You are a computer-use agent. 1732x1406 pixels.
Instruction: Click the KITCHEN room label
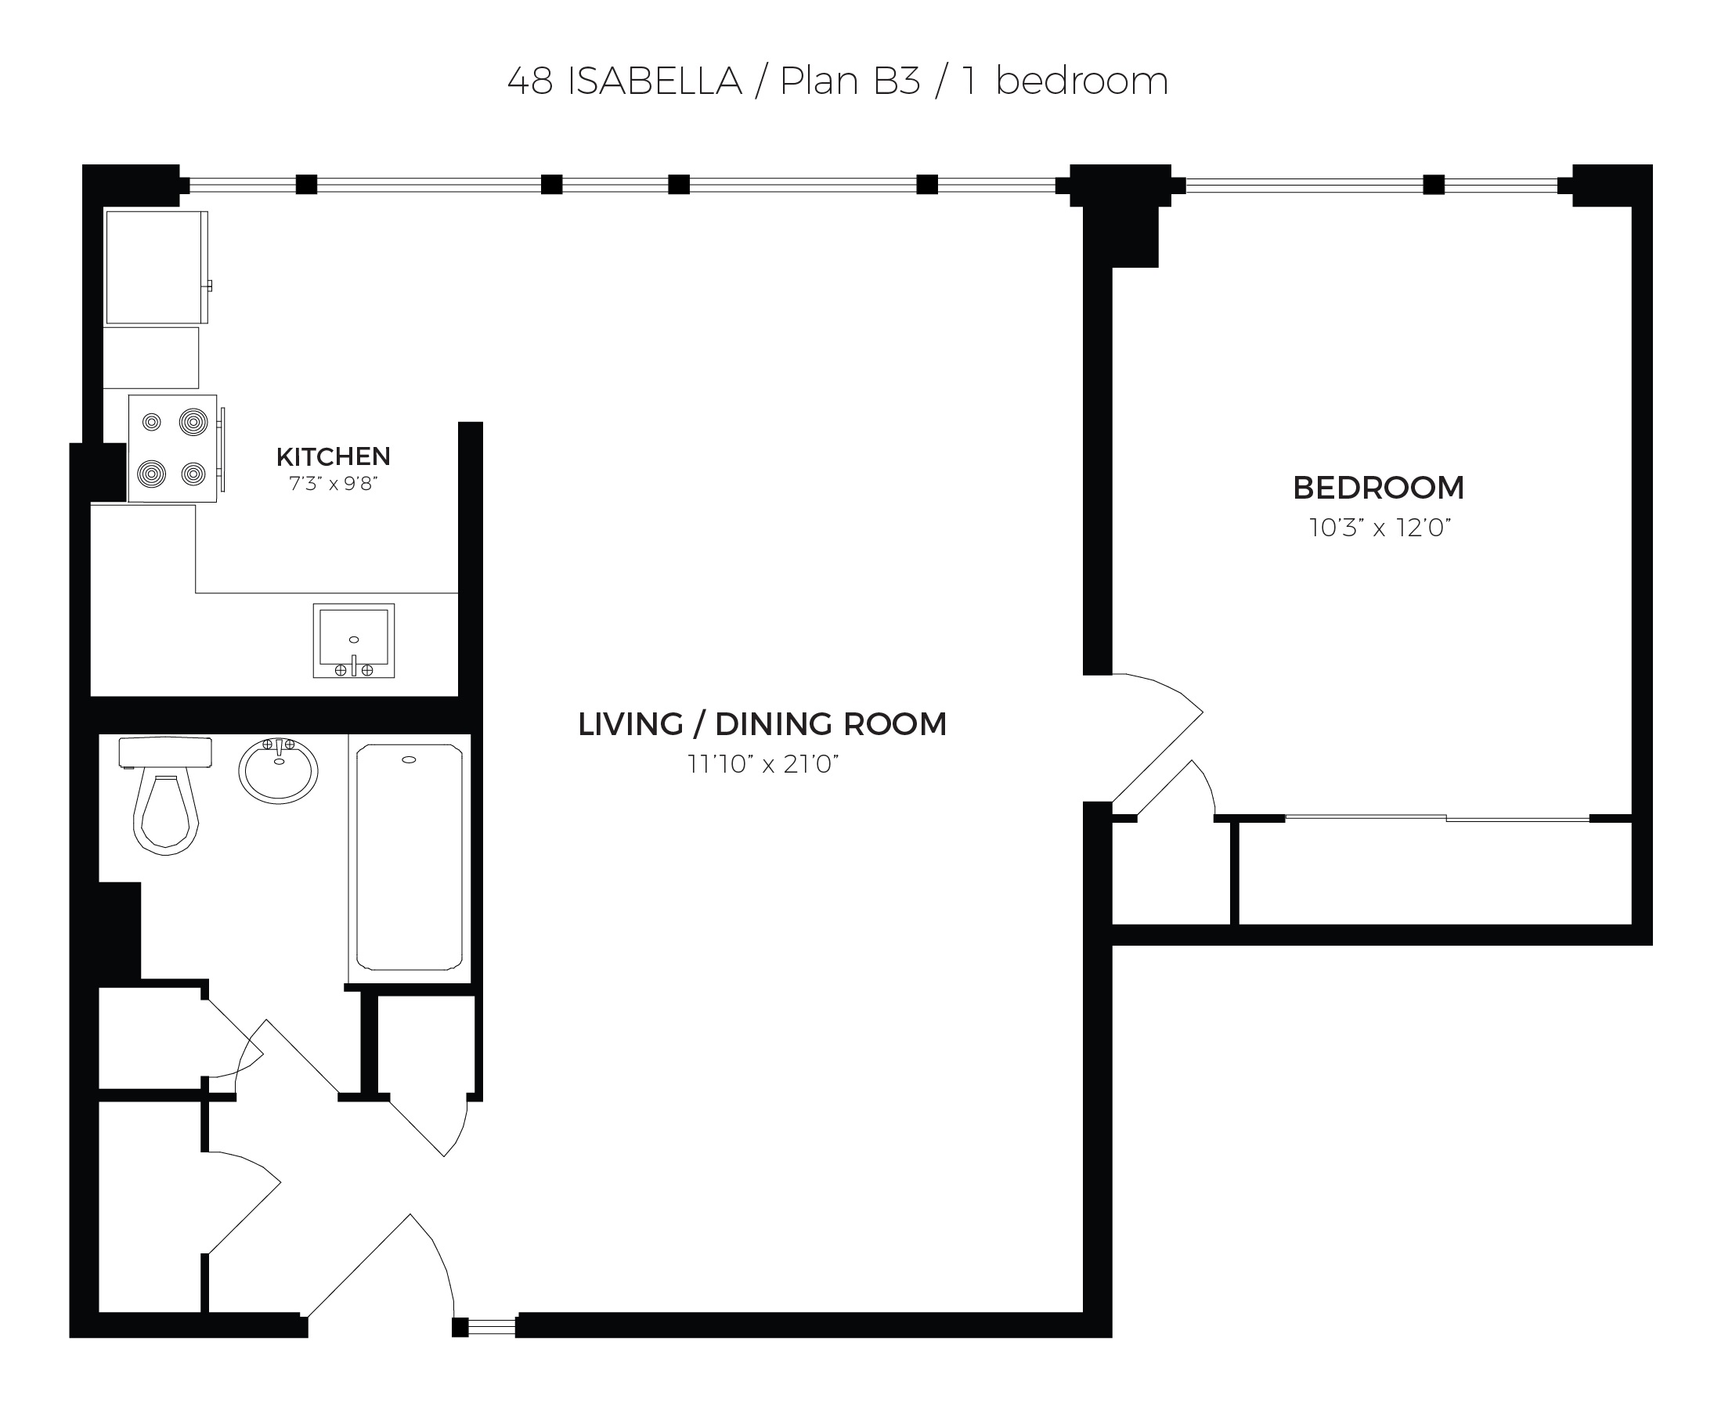point(333,456)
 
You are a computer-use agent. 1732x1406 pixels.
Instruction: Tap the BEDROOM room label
point(1378,488)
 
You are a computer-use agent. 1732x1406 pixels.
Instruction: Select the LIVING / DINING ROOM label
point(763,724)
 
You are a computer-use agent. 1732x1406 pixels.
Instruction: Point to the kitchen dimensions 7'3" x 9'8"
point(333,484)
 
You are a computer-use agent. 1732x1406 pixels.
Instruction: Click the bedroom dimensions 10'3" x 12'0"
point(1380,528)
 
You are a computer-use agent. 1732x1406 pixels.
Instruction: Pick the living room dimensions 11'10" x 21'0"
point(763,764)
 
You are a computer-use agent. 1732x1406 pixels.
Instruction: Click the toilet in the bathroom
point(165,795)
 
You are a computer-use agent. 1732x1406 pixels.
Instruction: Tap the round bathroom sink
point(278,770)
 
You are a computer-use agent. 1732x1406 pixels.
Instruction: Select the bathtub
point(409,858)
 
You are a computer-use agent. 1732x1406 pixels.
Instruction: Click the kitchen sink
point(354,640)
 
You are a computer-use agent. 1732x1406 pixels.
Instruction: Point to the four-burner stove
point(172,448)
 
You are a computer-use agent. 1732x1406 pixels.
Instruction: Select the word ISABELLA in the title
point(655,81)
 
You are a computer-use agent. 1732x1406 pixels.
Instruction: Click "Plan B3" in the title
point(850,81)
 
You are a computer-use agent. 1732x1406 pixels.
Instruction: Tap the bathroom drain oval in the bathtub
point(409,759)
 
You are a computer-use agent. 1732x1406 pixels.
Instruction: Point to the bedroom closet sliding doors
point(1437,819)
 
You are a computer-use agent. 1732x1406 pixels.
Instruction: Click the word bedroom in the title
point(1081,81)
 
